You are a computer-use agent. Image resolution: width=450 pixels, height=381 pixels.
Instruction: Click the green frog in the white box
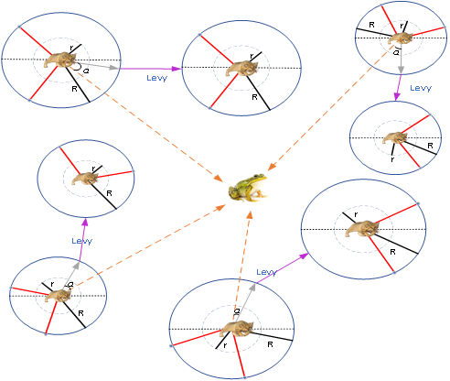pos(248,188)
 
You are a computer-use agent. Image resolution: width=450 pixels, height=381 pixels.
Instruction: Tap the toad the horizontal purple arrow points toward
pos(241,69)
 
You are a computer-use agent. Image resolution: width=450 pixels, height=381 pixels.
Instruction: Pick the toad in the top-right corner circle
pos(400,37)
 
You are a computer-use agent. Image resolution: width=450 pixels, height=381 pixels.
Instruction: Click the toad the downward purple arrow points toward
pos(395,137)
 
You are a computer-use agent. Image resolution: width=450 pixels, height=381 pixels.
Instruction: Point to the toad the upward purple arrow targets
pos(85,178)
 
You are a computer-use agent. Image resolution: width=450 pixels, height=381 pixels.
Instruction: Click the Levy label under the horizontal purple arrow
pos(156,78)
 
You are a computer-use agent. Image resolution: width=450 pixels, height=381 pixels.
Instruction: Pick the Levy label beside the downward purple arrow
pos(420,88)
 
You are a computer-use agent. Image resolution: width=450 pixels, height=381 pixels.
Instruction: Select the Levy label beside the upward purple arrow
pos(82,241)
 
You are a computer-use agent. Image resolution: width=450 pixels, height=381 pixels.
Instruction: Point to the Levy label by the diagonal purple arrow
pos(266,272)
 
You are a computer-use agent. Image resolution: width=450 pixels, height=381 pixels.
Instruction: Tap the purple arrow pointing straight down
pos(397,87)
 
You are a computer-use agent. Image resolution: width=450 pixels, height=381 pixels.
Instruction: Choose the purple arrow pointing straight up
pos(84,234)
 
